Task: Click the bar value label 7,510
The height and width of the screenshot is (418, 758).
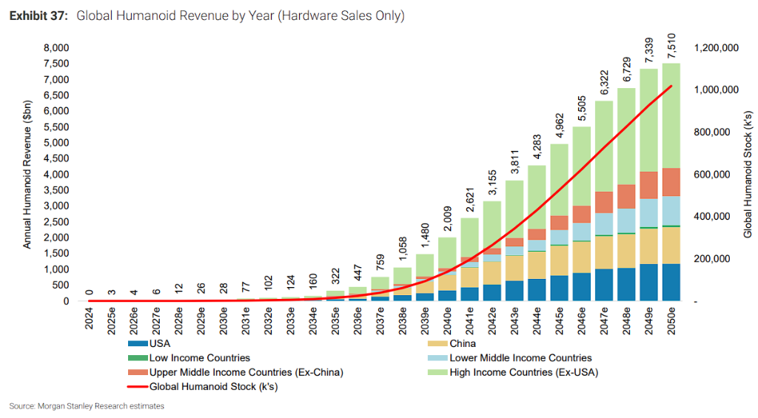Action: tap(671, 46)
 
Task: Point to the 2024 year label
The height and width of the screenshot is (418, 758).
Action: tap(89, 318)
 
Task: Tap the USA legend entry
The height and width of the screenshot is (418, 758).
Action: tap(150, 343)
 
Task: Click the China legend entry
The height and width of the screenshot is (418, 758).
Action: tap(452, 343)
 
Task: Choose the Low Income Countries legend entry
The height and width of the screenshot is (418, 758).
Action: tap(189, 358)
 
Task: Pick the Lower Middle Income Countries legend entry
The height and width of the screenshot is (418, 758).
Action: tap(510, 358)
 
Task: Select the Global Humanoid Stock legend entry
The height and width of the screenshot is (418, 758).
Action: tap(203, 387)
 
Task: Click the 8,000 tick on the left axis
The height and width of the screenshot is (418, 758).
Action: tap(56, 48)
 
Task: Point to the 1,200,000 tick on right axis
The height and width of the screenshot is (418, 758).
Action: tap(717, 48)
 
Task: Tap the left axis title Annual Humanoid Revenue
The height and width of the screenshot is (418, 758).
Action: tap(27, 175)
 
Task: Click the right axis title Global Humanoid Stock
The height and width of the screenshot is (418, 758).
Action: tap(748, 175)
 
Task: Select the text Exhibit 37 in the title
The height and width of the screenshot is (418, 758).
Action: tap(38, 16)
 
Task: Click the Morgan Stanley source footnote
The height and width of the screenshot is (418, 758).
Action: tap(87, 406)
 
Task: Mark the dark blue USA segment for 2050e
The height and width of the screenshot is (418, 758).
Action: tap(671, 282)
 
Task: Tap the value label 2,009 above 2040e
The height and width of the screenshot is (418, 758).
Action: tap(448, 219)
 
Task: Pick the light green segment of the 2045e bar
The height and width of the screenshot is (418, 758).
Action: tap(560, 180)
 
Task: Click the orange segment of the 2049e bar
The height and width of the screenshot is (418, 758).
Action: tap(648, 185)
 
